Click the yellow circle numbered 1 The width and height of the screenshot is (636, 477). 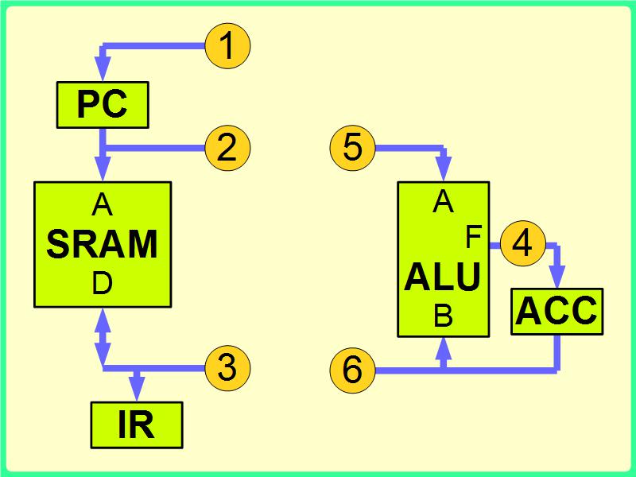(227, 46)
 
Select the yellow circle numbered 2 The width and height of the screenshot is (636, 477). (227, 148)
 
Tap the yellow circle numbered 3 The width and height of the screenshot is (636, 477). (227, 367)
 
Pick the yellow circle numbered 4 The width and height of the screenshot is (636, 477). (522, 244)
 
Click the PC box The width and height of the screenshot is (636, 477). (103, 105)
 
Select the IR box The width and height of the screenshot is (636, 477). (137, 425)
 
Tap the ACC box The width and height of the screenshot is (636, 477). (556, 311)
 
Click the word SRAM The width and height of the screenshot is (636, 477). (103, 245)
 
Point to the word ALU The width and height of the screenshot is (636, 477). (443, 278)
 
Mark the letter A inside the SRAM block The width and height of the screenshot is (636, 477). (103, 207)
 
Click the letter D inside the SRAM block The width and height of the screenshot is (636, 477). (103, 284)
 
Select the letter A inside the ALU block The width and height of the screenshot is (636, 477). (443, 204)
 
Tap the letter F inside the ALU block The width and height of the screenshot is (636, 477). (474, 237)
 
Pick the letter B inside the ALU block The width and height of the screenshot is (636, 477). (443, 317)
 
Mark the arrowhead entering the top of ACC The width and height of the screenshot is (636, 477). (556, 278)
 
